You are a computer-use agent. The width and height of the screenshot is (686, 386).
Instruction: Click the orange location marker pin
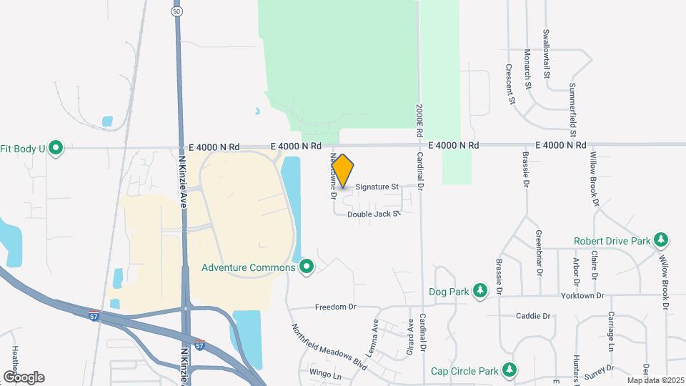click(x=343, y=171)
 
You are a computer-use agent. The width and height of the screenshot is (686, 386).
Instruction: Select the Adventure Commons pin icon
click(x=307, y=267)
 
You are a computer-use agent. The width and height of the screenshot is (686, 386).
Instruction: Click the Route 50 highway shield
click(x=176, y=11)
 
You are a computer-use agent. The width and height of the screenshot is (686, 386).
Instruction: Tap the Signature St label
click(x=377, y=187)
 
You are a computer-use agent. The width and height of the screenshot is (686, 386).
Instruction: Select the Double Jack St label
click(x=372, y=214)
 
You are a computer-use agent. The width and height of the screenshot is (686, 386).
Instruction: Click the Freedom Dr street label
click(x=336, y=307)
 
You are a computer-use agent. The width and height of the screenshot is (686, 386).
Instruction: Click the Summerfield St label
click(x=572, y=109)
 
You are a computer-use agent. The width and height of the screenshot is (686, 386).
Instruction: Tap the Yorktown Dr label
click(x=582, y=295)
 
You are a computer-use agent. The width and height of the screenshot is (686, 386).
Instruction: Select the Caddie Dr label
click(x=533, y=315)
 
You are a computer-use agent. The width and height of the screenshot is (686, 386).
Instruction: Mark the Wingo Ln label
click(x=325, y=373)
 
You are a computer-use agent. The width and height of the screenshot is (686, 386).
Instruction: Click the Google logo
click(x=24, y=377)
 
